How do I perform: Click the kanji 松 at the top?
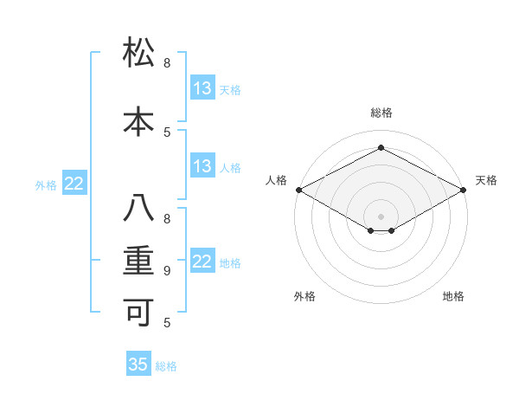[139, 53]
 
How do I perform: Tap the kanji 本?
[139, 121]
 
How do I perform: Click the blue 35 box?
[138, 365]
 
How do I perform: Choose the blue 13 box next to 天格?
[202, 88]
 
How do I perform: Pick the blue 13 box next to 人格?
[202, 166]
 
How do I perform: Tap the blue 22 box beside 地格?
[202, 262]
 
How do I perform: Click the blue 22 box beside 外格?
[74, 184]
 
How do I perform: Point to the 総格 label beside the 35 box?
[166, 366]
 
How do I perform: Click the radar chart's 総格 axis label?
[381, 113]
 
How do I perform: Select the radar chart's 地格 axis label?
[453, 296]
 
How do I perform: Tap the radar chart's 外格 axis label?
[304, 296]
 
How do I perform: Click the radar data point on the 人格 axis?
[298, 189]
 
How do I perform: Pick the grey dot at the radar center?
[381, 216]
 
